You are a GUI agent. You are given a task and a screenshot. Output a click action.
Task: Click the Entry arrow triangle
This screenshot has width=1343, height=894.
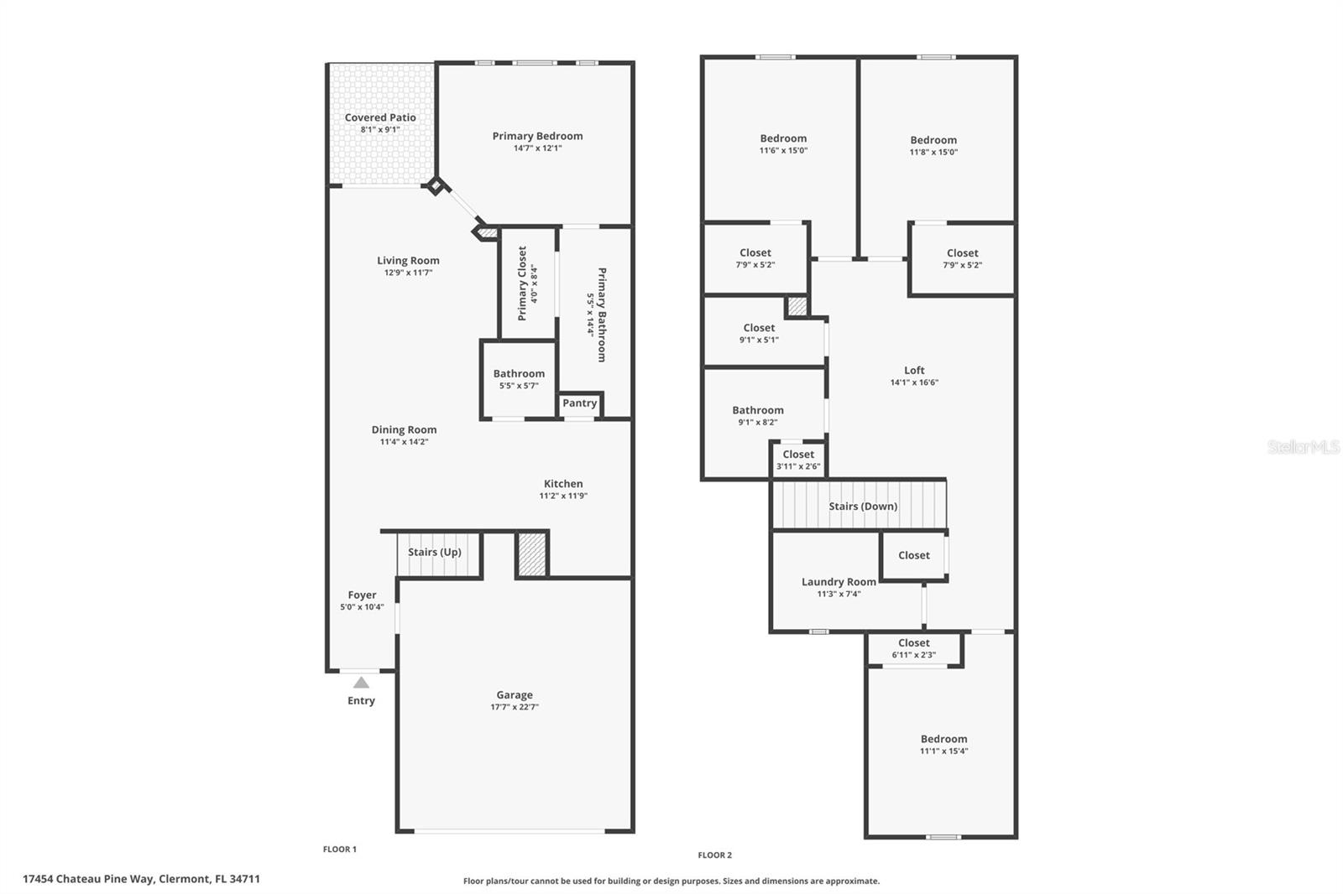tap(361, 683)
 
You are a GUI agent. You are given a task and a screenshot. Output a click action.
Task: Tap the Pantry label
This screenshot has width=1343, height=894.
tap(579, 403)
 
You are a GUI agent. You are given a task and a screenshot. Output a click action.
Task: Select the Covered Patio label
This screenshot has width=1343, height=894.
tap(380, 117)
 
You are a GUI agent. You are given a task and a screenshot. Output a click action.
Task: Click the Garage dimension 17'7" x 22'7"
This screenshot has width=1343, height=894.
tap(515, 707)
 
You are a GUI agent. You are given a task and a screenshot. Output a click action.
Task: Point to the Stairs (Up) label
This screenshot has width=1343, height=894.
tap(435, 552)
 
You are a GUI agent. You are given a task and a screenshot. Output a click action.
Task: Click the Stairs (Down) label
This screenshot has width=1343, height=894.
tap(864, 507)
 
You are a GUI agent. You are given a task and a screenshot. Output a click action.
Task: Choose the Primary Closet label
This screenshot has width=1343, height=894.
tap(522, 283)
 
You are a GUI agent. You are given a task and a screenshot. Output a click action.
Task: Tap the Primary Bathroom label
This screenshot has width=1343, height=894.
tap(602, 314)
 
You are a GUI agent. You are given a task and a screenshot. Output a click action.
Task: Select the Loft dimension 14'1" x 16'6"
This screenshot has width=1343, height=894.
tap(914, 382)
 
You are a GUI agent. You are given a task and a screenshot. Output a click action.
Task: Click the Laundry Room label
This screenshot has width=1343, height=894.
tap(839, 582)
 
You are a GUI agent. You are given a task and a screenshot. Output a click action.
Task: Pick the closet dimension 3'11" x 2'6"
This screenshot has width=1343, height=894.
tap(798, 466)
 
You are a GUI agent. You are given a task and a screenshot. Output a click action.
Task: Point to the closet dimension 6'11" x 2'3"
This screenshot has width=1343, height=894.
tap(914, 655)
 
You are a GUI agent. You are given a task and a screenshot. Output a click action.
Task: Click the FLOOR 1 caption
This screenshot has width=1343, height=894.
tap(340, 849)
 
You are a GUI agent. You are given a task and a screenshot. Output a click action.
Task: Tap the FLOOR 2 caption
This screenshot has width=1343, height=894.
tap(714, 855)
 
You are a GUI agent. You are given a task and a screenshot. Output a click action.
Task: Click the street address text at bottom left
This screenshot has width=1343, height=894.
tap(142, 879)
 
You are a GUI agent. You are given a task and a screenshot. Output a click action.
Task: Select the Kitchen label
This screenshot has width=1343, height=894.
tap(563, 484)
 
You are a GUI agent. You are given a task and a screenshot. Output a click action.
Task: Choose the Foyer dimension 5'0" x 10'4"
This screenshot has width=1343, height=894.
tap(362, 607)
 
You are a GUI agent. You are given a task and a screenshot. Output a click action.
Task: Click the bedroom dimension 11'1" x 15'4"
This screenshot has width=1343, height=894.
tap(944, 751)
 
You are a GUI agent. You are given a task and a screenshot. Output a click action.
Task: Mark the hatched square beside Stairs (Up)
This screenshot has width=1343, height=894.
tap(532, 555)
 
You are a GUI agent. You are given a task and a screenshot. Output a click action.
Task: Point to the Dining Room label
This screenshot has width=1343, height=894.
tap(404, 429)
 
